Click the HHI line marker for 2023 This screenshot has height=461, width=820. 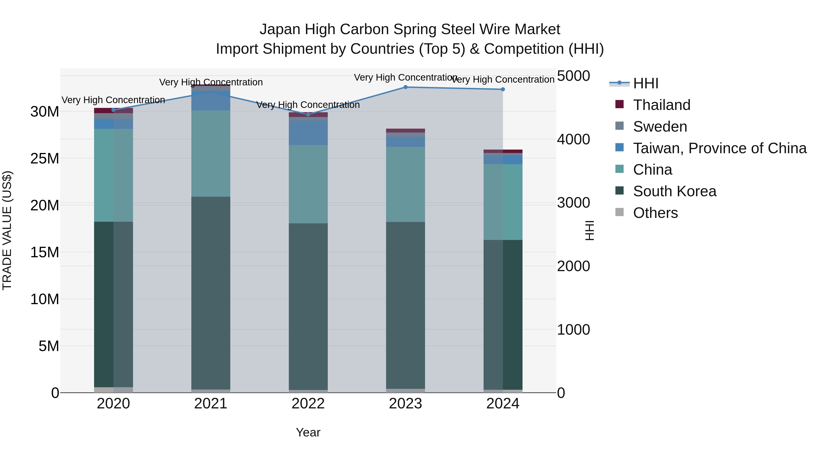[x=405, y=87]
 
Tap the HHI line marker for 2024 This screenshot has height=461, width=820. [x=503, y=89]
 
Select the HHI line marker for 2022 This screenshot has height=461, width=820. [x=308, y=115]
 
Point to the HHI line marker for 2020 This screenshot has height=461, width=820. [x=113, y=110]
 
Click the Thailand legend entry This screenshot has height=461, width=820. [x=661, y=105]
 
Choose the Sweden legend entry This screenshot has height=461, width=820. [x=660, y=127]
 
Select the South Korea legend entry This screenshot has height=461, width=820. [x=674, y=191]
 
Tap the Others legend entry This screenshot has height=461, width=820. [x=655, y=213]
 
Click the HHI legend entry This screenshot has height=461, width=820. [x=645, y=83]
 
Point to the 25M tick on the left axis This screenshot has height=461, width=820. [x=45, y=158]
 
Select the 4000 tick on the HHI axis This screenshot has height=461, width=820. [x=573, y=139]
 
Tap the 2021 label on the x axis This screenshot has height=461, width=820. [x=211, y=404]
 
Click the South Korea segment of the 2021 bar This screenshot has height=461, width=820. [x=211, y=293]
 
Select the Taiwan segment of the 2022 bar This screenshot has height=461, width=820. [x=308, y=133]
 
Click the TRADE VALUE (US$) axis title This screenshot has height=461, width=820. [x=7, y=230]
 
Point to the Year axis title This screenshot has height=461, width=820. [x=308, y=432]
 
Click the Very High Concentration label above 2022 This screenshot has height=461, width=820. [x=308, y=105]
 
